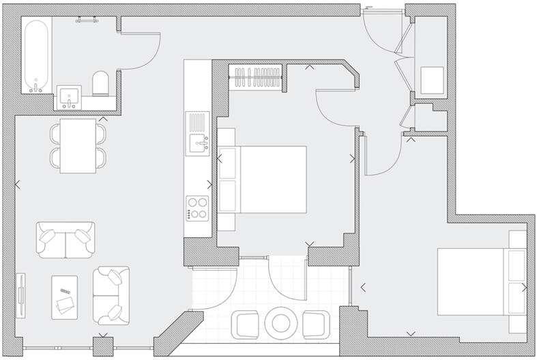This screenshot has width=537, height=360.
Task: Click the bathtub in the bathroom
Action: [x=35, y=55]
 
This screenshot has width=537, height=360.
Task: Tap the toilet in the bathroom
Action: [x=100, y=82]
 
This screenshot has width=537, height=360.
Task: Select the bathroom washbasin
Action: [x=68, y=97]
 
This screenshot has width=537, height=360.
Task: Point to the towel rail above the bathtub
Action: [x=87, y=19]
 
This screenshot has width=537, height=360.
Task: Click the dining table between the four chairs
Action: [x=77, y=146]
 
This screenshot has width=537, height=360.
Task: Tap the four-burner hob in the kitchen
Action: [x=197, y=208]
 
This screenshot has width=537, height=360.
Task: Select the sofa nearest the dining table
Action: [x=66, y=239]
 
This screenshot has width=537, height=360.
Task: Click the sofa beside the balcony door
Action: [x=111, y=295]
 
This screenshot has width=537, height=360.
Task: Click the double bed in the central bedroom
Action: [x=263, y=179]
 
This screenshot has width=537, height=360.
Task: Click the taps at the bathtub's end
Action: [x=35, y=87]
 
